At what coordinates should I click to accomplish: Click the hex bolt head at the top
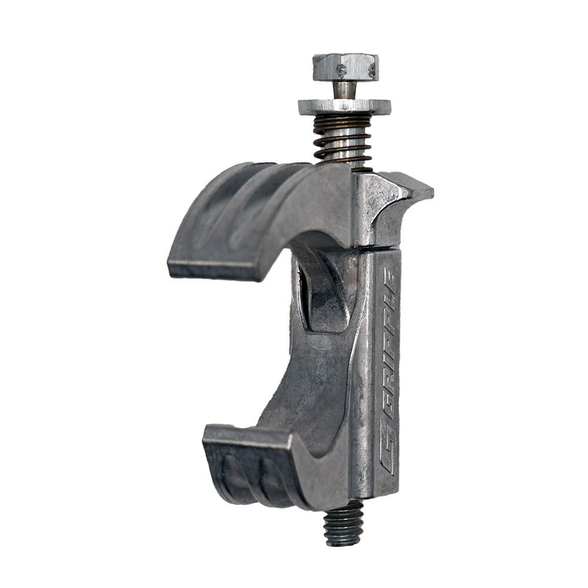(345, 67)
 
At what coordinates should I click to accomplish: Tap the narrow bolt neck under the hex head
(345, 90)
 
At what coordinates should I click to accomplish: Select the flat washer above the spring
(344, 106)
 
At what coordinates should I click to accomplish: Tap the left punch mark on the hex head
(342, 70)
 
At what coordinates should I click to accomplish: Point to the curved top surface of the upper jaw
(259, 200)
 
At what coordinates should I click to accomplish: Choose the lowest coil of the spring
(343, 159)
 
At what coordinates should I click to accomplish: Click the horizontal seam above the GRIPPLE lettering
(376, 249)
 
